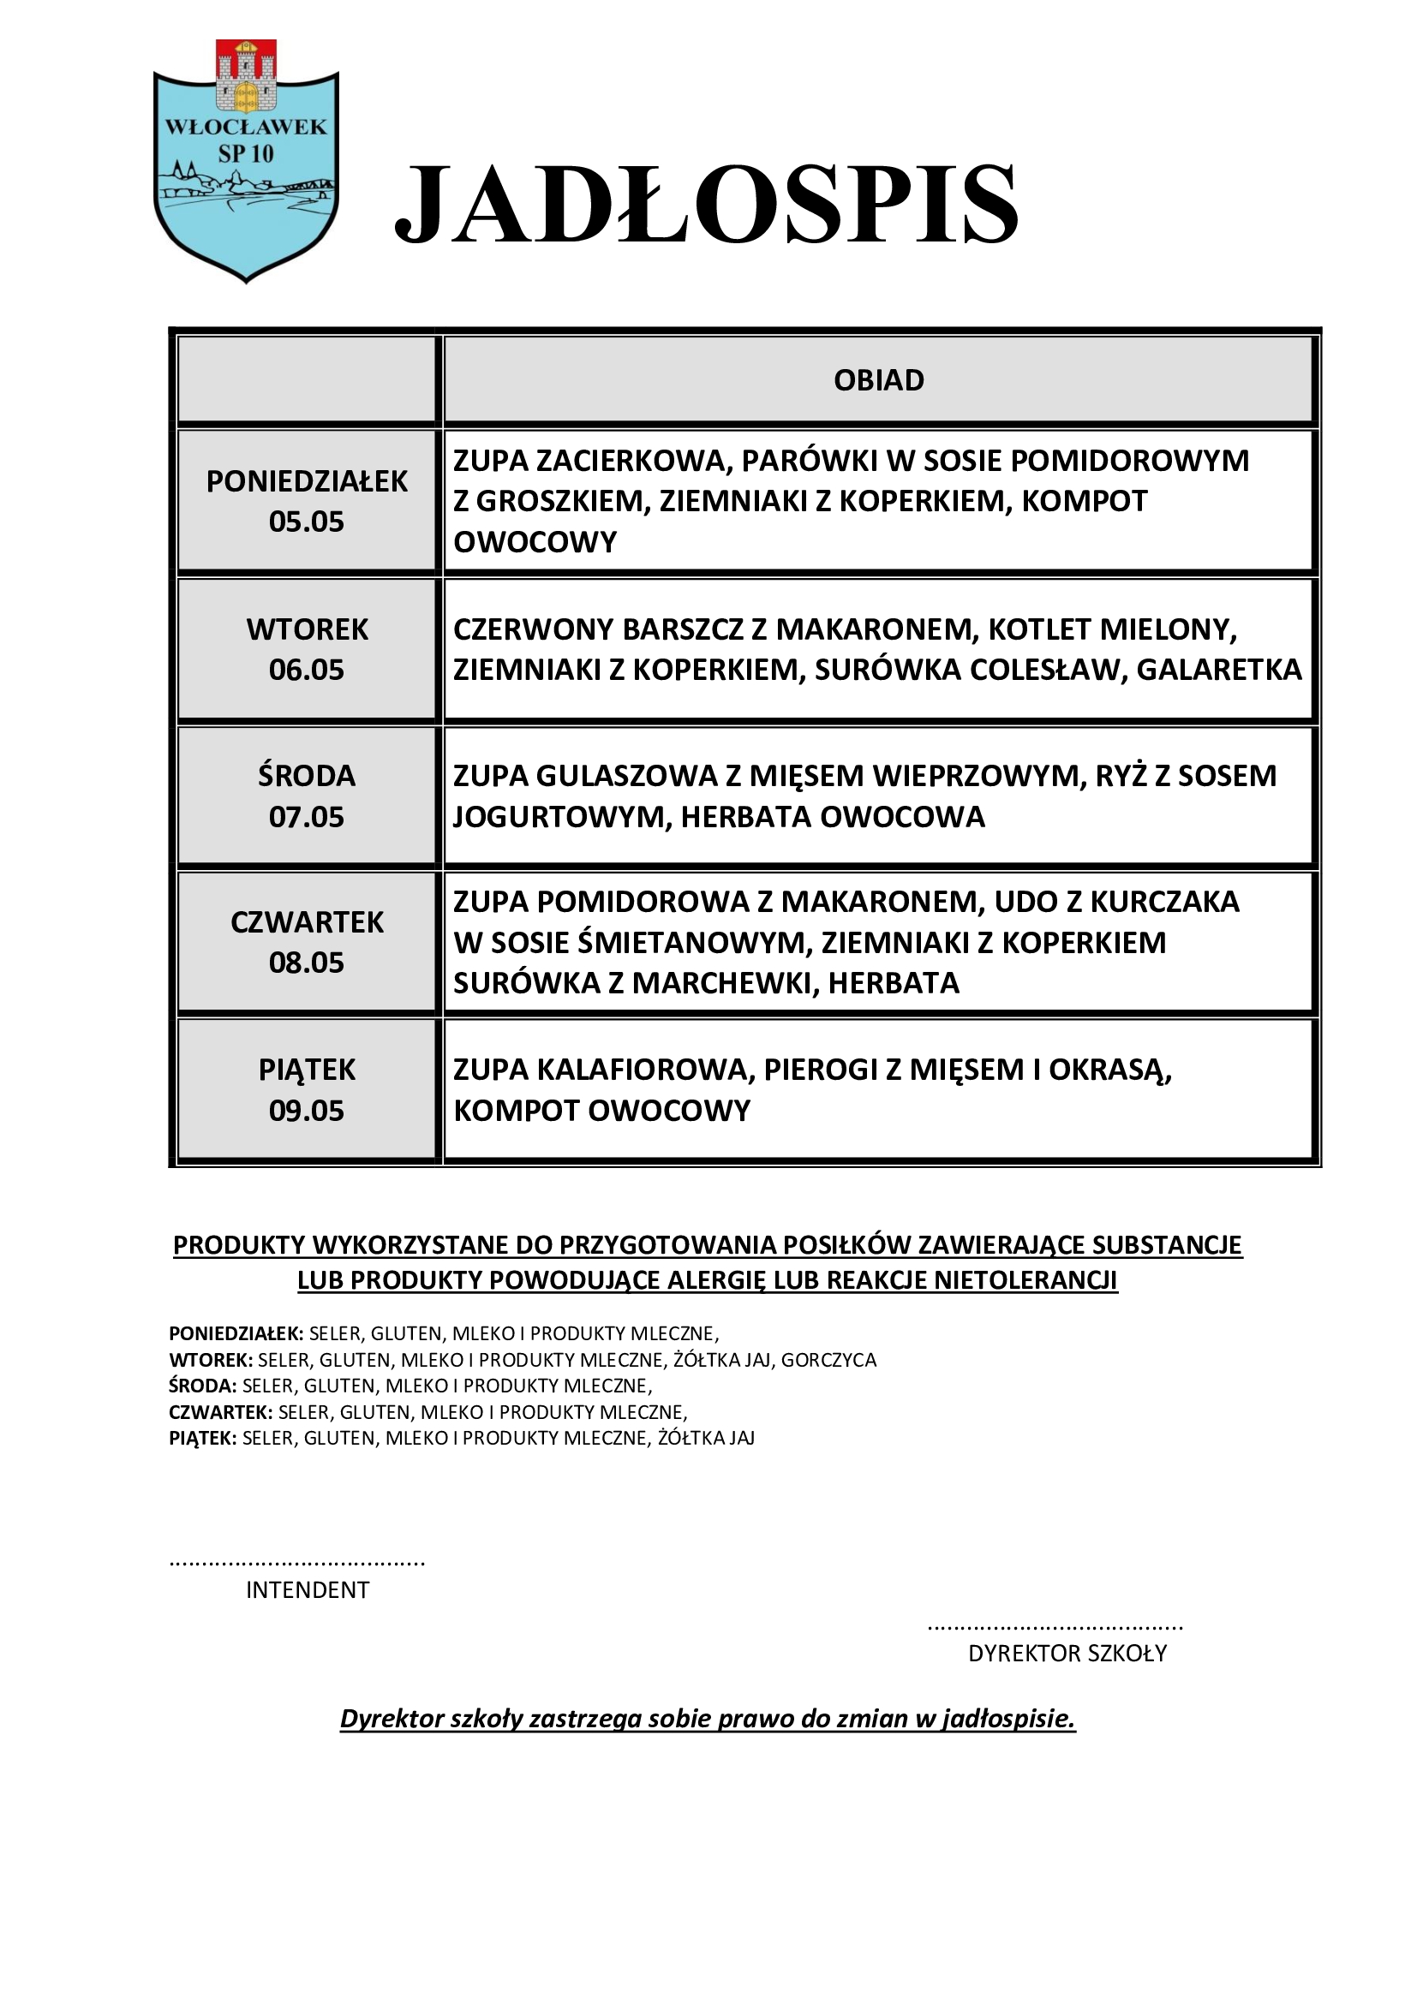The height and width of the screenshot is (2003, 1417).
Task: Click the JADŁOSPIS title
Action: (x=707, y=205)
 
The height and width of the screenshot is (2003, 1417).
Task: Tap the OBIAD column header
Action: (x=879, y=380)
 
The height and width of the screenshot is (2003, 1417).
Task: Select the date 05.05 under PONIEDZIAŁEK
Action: (x=306, y=522)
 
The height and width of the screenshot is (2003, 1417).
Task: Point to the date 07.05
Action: (x=306, y=818)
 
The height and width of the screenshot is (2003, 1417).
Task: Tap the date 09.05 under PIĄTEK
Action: (x=306, y=1111)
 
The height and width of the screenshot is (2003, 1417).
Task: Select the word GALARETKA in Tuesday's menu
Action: (x=1219, y=670)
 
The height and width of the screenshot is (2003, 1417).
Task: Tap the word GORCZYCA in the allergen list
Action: (x=828, y=1360)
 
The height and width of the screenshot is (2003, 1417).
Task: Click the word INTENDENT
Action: (x=308, y=1590)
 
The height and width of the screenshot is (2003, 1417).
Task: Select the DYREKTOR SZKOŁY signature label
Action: (x=1067, y=1653)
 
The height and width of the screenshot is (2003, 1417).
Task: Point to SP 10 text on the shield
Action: (x=246, y=154)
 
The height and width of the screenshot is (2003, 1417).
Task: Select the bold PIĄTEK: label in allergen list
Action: (x=202, y=1439)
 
